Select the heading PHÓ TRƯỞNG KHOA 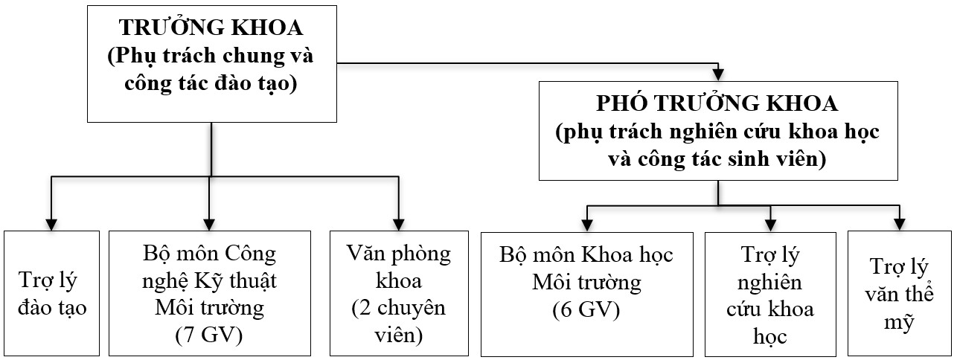pyautogui.click(x=718, y=103)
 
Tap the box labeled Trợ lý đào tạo pyautogui.click(x=51, y=293)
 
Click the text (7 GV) pyautogui.click(x=209, y=335)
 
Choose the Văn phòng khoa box pyautogui.click(x=399, y=293)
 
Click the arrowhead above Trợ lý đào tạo pyautogui.click(x=51, y=223)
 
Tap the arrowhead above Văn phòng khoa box pyautogui.click(x=399, y=223)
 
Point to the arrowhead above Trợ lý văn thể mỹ pyautogui.click(x=899, y=223)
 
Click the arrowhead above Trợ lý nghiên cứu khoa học pyautogui.click(x=770, y=223)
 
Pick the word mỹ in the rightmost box pyautogui.click(x=899, y=323)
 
